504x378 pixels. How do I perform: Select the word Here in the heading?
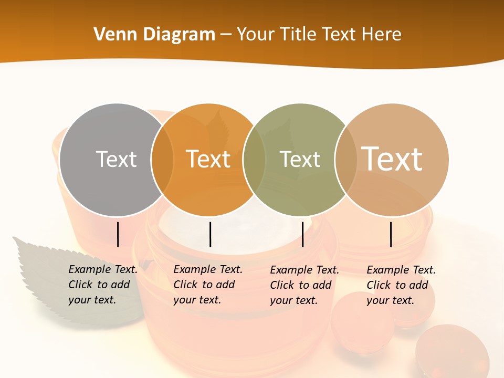click(382, 35)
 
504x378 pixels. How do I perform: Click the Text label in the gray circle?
click(116, 159)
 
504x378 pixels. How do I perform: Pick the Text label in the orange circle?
click(208, 159)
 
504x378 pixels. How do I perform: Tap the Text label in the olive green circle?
click(300, 159)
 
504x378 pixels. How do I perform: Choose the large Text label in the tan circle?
click(392, 159)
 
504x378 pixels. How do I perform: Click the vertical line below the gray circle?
click(118, 234)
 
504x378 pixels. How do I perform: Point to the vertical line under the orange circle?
click(210, 234)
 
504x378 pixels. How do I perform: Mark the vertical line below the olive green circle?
click(303, 234)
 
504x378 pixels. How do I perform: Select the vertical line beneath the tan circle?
click(391, 234)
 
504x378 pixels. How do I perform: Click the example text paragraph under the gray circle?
click(103, 285)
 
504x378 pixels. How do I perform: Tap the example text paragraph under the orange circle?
click(208, 285)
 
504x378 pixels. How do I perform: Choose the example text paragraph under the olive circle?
click(304, 285)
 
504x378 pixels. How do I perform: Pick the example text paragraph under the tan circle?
click(401, 285)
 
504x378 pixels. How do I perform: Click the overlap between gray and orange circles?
click(162, 160)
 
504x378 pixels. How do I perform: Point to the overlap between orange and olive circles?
click(254, 160)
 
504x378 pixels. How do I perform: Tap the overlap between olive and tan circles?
click(346, 160)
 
